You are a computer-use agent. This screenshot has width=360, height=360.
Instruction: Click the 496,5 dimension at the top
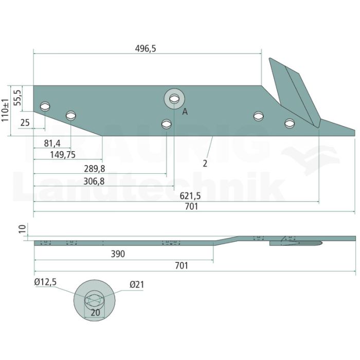pos(146,49)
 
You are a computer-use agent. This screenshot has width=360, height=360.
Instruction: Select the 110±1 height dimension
pos(5,111)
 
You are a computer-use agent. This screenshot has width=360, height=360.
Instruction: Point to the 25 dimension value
pos(25,123)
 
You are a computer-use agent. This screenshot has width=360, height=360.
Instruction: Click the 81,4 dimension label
pos(52,143)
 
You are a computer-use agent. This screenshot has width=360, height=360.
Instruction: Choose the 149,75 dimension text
pos(63,155)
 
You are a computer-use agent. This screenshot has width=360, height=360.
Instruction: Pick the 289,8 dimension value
pos(94,169)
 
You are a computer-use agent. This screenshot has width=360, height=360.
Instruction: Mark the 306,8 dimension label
pos(94,182)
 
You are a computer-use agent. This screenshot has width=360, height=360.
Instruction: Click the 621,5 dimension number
pos(190,196)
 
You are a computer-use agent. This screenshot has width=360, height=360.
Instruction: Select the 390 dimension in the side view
pos(118,254)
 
